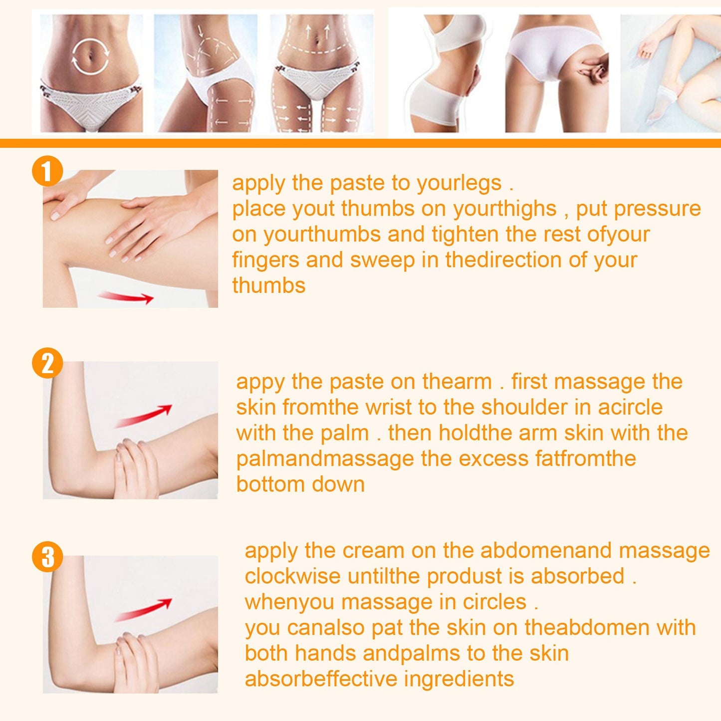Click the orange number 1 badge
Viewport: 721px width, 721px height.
(x=47, y=171)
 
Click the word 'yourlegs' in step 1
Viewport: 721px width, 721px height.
(x=459, y=184)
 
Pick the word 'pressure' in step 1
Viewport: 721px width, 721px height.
(x=657, y=209)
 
